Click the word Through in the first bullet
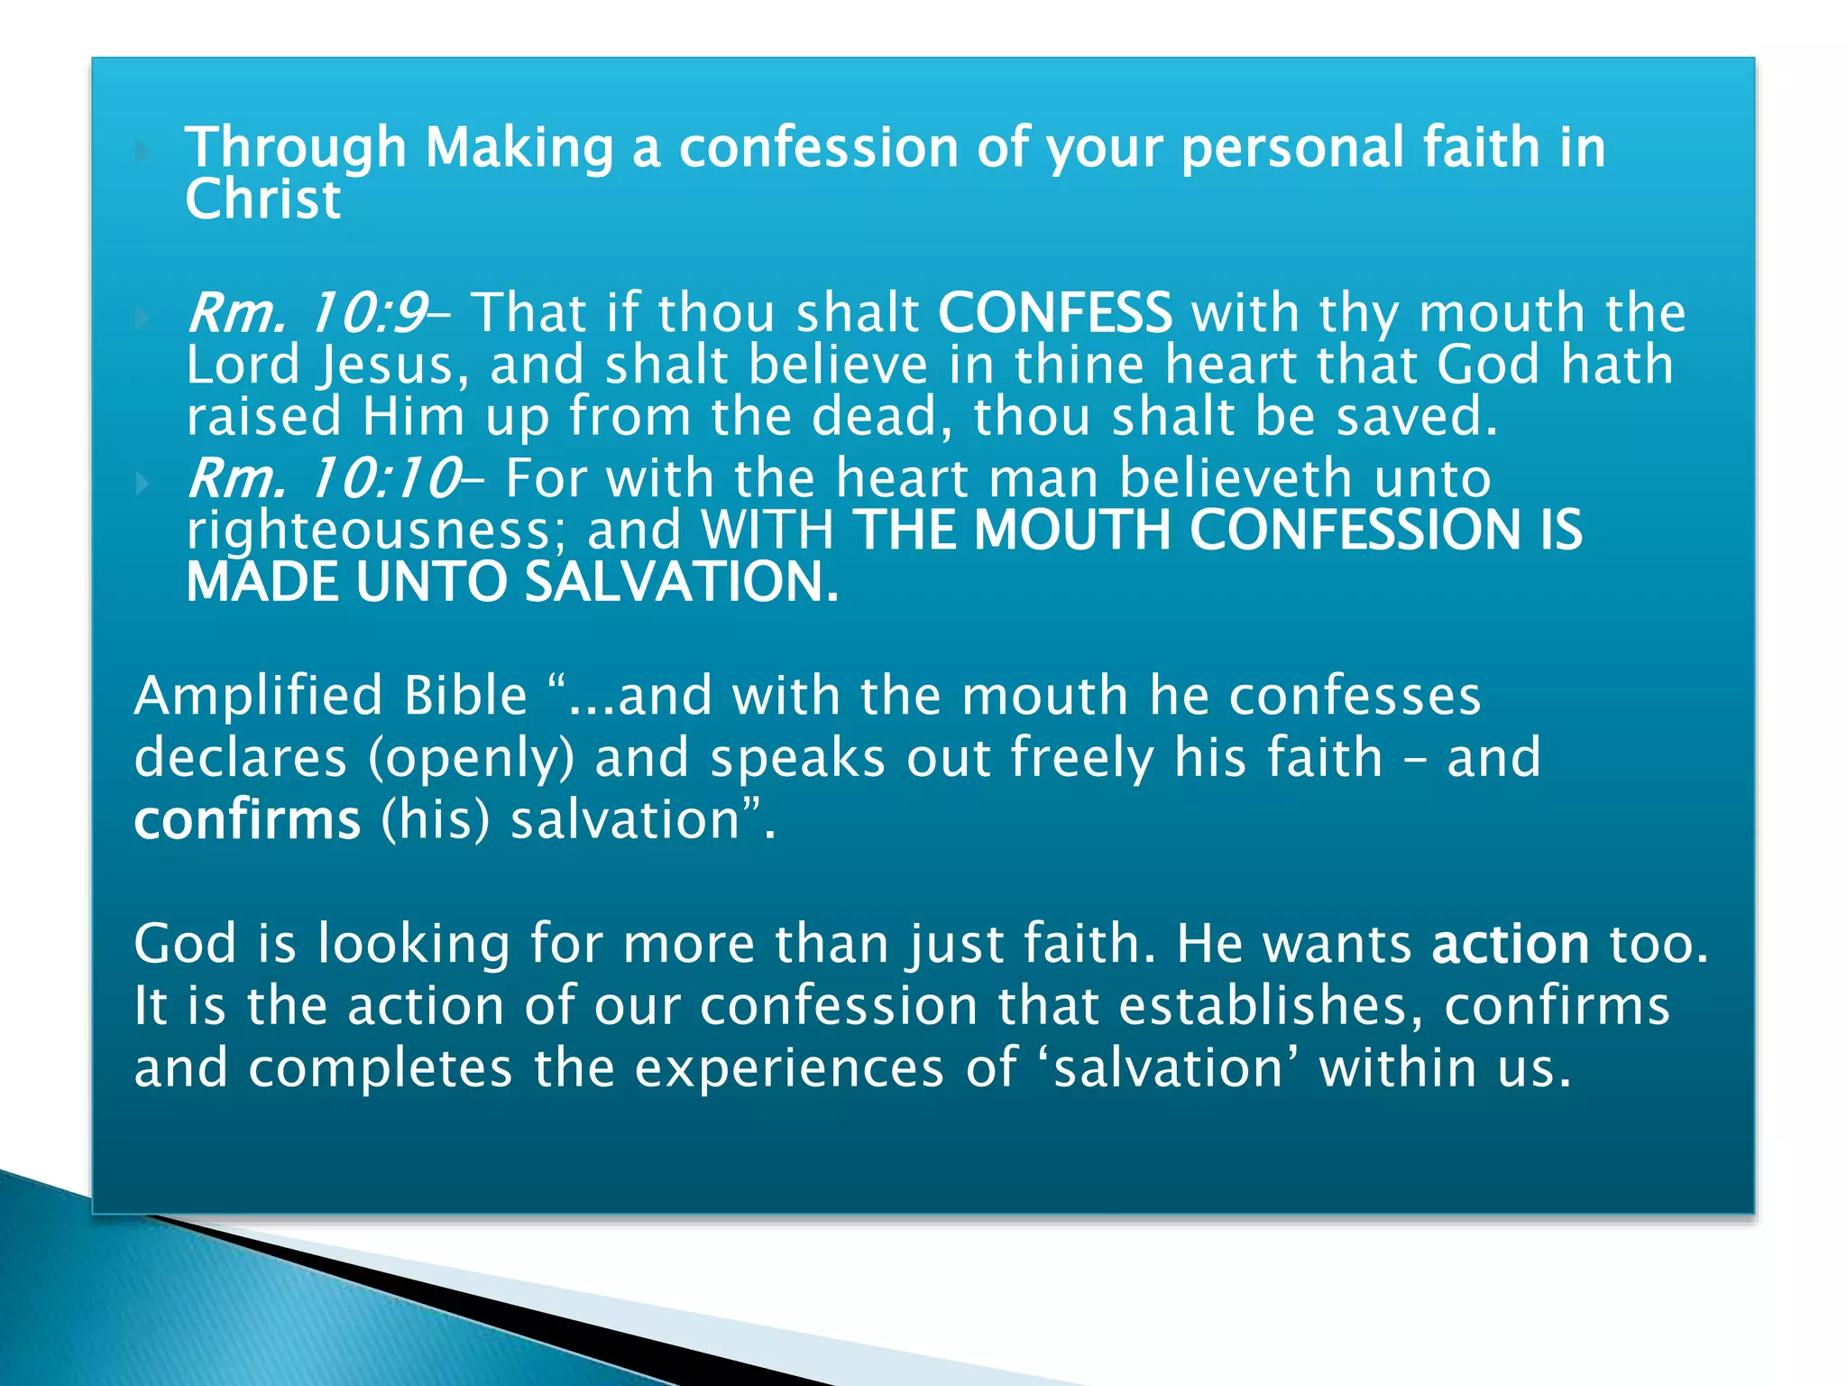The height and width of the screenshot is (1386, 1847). click(x=296, y=148)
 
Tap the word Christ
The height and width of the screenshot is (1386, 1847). click(x=263, y=200)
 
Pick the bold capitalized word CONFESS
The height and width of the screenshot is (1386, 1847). click(x=1055, y=313)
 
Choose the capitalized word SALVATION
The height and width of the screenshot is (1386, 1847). click(x=682, y=582)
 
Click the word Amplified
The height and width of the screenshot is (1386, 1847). click(x=258, y=697)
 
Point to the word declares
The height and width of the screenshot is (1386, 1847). click(x=240, y=758)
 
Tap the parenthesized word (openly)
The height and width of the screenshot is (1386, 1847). click(x=472, y=758)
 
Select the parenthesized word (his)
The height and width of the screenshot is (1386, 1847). click(x=436, y=820)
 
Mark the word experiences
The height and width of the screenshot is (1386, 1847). click(x=789, y=1068)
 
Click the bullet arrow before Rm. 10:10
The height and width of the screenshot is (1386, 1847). click(x=142, y=483)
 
